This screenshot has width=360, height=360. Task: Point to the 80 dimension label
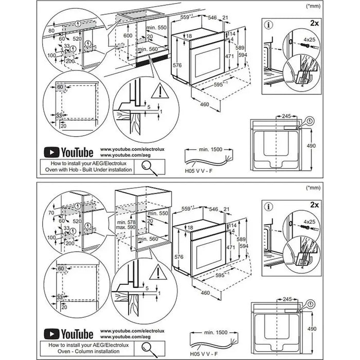point(51,30)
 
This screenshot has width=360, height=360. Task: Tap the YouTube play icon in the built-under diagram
point(51,152)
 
